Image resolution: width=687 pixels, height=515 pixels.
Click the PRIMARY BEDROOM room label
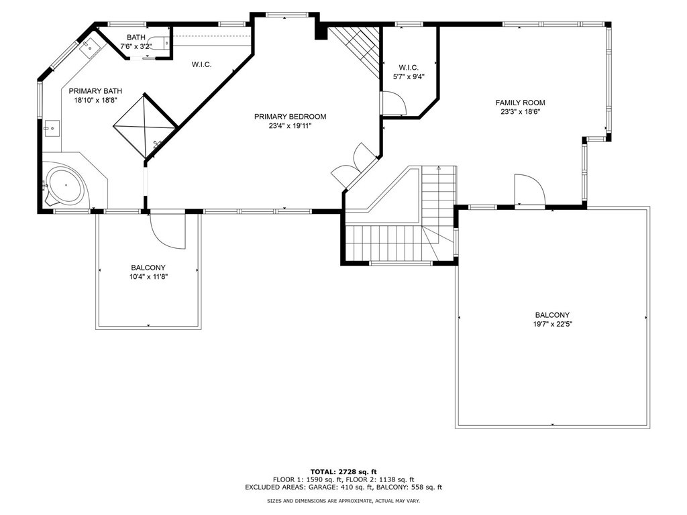tap(290, 117)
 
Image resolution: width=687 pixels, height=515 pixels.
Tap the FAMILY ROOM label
tap(520, 103)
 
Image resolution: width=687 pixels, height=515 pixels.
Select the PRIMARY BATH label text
tap(95, 91)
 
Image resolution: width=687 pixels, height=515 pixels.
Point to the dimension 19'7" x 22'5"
tap(552, 325)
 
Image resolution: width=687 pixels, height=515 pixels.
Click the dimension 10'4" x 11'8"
tap(148, 277)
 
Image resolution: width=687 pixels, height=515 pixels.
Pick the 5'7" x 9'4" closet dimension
tap(409, 76)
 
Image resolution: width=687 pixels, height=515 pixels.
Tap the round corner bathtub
tap(66, 186)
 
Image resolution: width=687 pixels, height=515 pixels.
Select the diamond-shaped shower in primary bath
tap(146, 127)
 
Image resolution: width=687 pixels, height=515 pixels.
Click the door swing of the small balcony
tap(168, 231)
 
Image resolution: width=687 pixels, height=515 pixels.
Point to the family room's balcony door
tap(529, 190)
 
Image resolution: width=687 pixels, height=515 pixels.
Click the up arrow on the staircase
tap(439, 167)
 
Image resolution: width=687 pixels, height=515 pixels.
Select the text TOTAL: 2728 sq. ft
tap(343, 471)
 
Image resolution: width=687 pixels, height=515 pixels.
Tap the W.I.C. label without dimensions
tap(201, 64)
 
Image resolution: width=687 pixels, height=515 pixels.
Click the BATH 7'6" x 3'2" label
tap(136, 42)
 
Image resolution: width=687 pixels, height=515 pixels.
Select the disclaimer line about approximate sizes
tap(343, 500)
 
